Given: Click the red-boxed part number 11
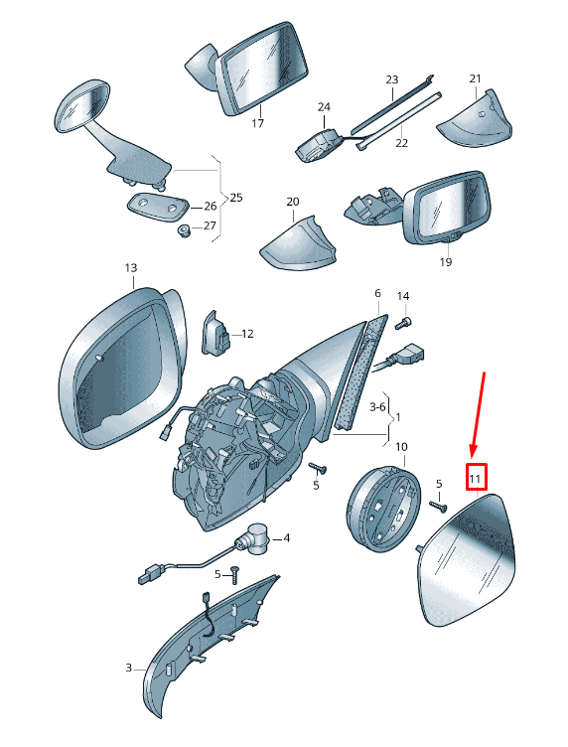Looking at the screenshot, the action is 476,478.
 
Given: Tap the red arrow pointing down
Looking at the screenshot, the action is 478,415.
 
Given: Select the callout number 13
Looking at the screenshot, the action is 131,268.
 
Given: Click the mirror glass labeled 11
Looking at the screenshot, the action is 466,560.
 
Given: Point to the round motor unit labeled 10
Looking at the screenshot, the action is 383,509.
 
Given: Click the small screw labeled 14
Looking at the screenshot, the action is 403,324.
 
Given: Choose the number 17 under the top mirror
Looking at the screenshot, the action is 257,124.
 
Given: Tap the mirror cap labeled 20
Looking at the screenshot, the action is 299,243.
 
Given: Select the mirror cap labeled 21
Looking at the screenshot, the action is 475,119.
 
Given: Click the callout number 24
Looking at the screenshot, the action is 324,107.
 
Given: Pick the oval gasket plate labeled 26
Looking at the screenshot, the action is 158,207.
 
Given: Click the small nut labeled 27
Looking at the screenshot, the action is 184,231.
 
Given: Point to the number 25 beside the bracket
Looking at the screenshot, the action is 236,198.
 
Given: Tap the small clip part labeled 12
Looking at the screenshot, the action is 216,333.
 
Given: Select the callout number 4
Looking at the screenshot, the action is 286,537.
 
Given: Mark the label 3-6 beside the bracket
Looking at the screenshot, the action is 377,407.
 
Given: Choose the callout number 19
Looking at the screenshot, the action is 446,262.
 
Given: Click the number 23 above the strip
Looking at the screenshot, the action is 392,79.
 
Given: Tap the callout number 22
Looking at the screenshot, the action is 402,142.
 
